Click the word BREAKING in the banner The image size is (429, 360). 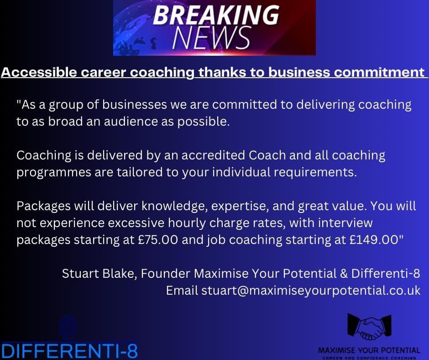pos(215,16)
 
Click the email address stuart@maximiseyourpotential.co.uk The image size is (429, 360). pos(311,291)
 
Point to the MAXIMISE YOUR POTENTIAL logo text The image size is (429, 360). pos(369,350)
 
